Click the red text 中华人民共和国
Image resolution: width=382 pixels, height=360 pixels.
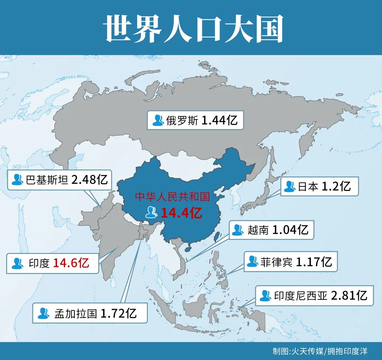(x=173, y=197)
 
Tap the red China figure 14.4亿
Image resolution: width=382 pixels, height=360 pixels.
(x=181, y=213)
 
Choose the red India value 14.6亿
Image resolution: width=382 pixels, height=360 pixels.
(x=71, y=263)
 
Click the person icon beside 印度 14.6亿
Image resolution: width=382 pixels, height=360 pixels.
(x=17, y=263)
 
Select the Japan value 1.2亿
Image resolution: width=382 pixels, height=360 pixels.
(x=336, y=186)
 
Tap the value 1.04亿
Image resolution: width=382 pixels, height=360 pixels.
(x=290, y=230)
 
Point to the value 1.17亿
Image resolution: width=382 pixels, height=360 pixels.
(x=314, y=262)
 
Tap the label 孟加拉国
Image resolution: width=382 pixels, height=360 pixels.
(x=76, y=313)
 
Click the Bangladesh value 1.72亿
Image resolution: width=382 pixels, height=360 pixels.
(x=118, y=313)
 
